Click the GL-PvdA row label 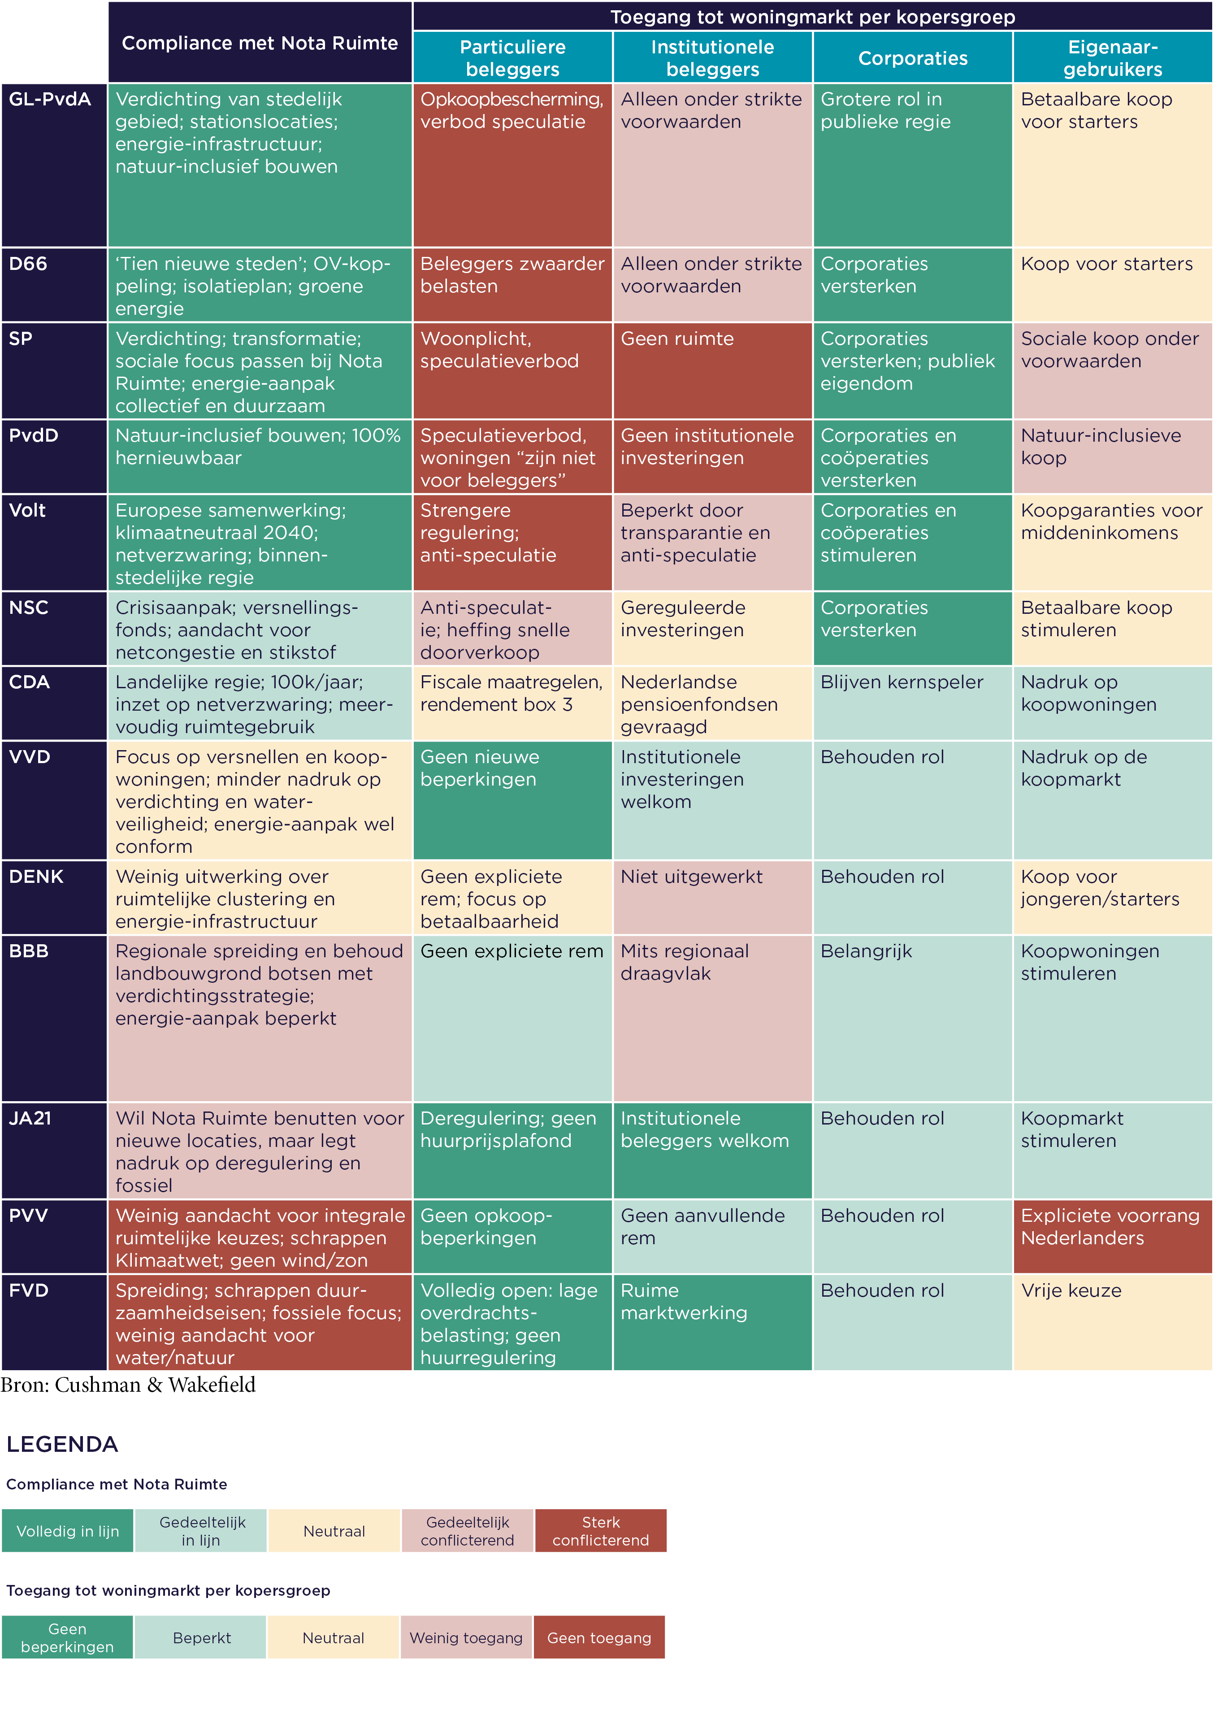coord(50,100)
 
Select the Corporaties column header coord(912,58)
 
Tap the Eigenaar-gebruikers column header coord(1112,58)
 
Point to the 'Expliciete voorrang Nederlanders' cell coord(1112,1235)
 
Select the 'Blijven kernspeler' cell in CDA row coord(912,702)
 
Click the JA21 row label coord(30,1118)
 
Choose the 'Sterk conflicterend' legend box coord(601,1530)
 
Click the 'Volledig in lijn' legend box coord(68,1530)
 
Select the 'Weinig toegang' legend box coord(466,1637)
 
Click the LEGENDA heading coord(62,1444)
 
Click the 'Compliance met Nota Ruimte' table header coord(260,43)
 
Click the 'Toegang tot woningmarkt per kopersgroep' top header coord(812,17)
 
